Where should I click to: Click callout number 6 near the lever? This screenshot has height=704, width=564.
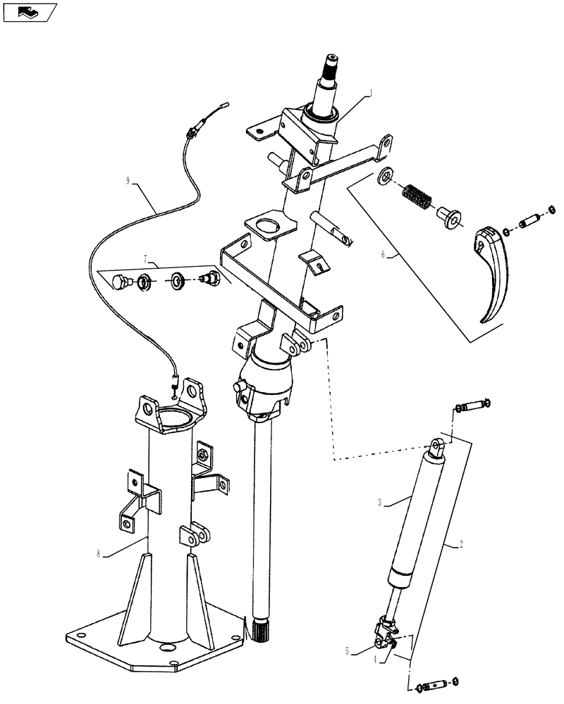[384, 255]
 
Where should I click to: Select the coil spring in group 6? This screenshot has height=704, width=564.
[417, 194]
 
